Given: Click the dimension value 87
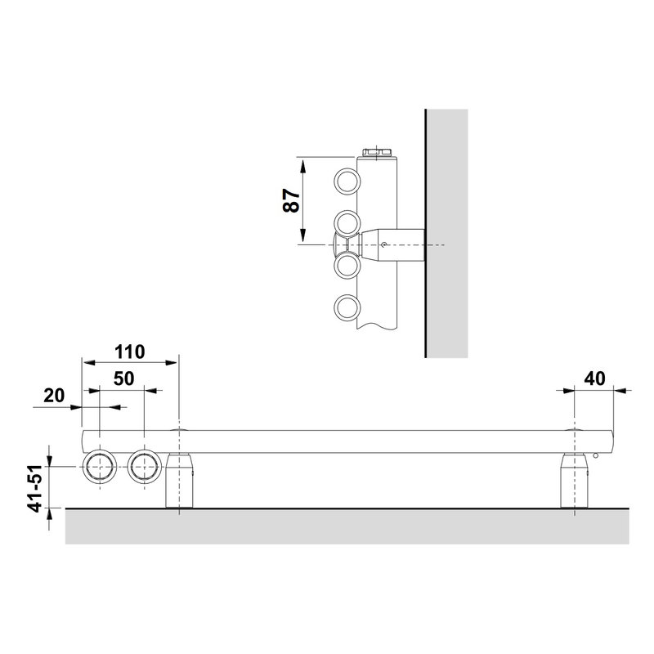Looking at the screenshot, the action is (x=291, y=200).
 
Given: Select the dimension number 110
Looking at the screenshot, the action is (x=130, y=352).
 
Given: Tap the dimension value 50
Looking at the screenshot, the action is (x=124, y=379).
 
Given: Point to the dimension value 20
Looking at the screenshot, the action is (x=54, y=396).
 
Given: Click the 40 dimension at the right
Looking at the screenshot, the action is (x=594, y=379).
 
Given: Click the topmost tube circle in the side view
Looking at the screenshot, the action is (x=347, y=181).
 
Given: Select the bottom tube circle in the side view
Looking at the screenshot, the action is (x=347, y=308).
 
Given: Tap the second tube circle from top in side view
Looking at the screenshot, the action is (x=347, y=223).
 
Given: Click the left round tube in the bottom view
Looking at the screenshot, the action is (x=100, y=467).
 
